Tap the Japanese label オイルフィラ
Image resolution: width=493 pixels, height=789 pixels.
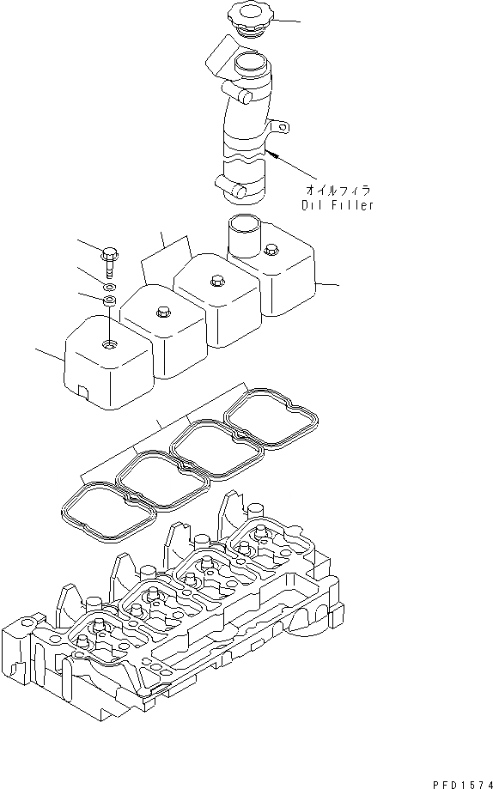tap(338, 190)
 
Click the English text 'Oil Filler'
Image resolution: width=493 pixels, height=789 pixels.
tap(338, 205)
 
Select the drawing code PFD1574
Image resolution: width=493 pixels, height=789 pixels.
tap(462, 785)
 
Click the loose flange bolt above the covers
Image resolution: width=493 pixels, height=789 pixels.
tap(110, 261)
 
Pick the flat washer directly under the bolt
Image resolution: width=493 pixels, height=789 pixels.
tap(110, 288)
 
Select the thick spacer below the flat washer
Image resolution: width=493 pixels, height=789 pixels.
tap(110, 300)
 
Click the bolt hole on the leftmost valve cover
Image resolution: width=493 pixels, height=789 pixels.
tap(109, 344)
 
